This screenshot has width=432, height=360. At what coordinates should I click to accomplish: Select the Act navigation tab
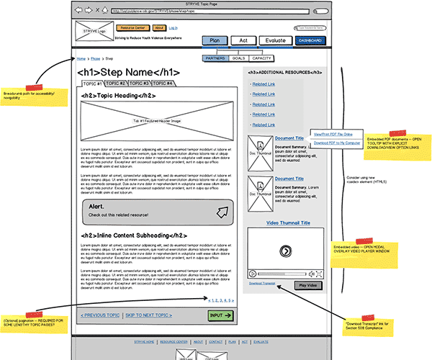(244, 41)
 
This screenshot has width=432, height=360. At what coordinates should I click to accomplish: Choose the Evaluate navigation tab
(274, 41)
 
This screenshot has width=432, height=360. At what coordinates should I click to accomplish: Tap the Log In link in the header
(173, 27)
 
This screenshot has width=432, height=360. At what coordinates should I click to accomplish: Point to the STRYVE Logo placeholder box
(94, 32)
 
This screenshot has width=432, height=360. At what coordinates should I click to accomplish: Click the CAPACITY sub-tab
(262, 58)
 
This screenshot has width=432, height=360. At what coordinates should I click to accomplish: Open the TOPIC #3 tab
(139, 84)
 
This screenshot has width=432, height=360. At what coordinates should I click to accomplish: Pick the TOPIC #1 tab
(92, 84)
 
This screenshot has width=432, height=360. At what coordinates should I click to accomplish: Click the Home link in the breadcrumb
(81, 58)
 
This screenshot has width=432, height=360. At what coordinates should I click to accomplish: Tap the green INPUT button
(221, 315)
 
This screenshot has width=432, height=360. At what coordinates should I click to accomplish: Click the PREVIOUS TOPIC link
(101, 315)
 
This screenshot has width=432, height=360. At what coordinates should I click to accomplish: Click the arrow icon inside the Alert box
(223, 212)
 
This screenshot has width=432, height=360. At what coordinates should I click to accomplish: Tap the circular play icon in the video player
(285, 251)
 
